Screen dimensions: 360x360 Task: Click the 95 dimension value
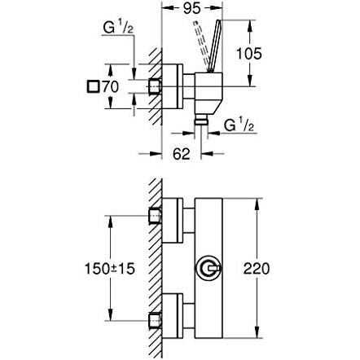pyautogui.click(x=191, y=8)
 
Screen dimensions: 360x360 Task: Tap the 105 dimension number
pyautogui.click(x=249, y=53)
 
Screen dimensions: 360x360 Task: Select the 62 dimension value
pyautogui.click(x=182, y=154)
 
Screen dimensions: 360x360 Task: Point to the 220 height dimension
pyautogui.click(x=257, y=269)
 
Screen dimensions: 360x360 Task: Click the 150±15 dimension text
pyautogui.click(x=110, y=269)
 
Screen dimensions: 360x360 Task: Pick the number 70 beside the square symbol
pyautogui.click(x=110, y=87)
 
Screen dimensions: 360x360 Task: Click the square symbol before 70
pyautogui.click(x=93, y=87)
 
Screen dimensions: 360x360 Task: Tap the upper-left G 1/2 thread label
pyautogui.click(x=118, y=28)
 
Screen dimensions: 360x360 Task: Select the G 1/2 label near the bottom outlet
pyautogui.click(x=239, y=125)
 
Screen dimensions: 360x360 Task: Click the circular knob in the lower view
pyautogui.click(x=209, y=269)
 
